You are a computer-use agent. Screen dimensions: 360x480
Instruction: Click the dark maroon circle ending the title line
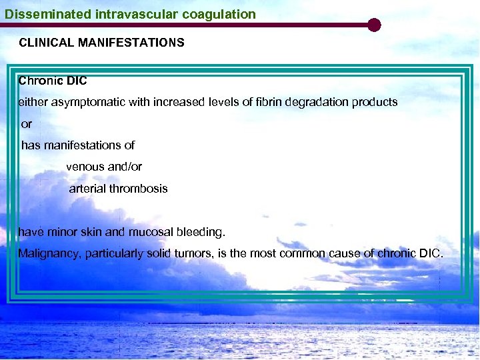374,25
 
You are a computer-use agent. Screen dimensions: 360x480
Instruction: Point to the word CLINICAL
47,43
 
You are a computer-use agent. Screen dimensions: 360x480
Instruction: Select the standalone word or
27,124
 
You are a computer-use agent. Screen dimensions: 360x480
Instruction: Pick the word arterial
87,189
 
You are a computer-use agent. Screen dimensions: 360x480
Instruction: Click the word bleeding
201,232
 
